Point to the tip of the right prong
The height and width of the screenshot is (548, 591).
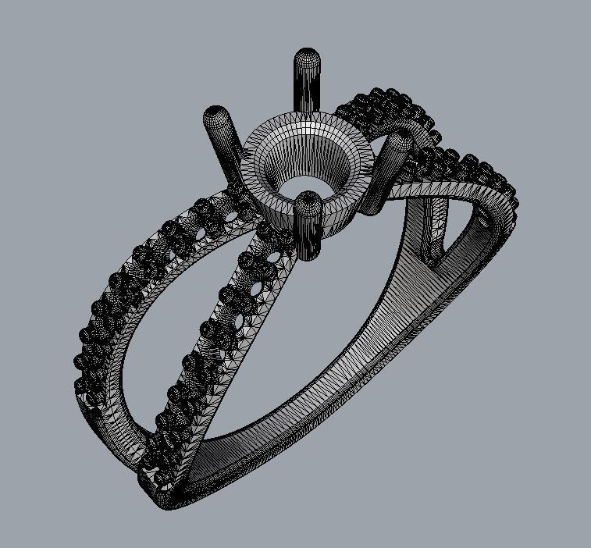401,141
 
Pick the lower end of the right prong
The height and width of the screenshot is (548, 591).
372,205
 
